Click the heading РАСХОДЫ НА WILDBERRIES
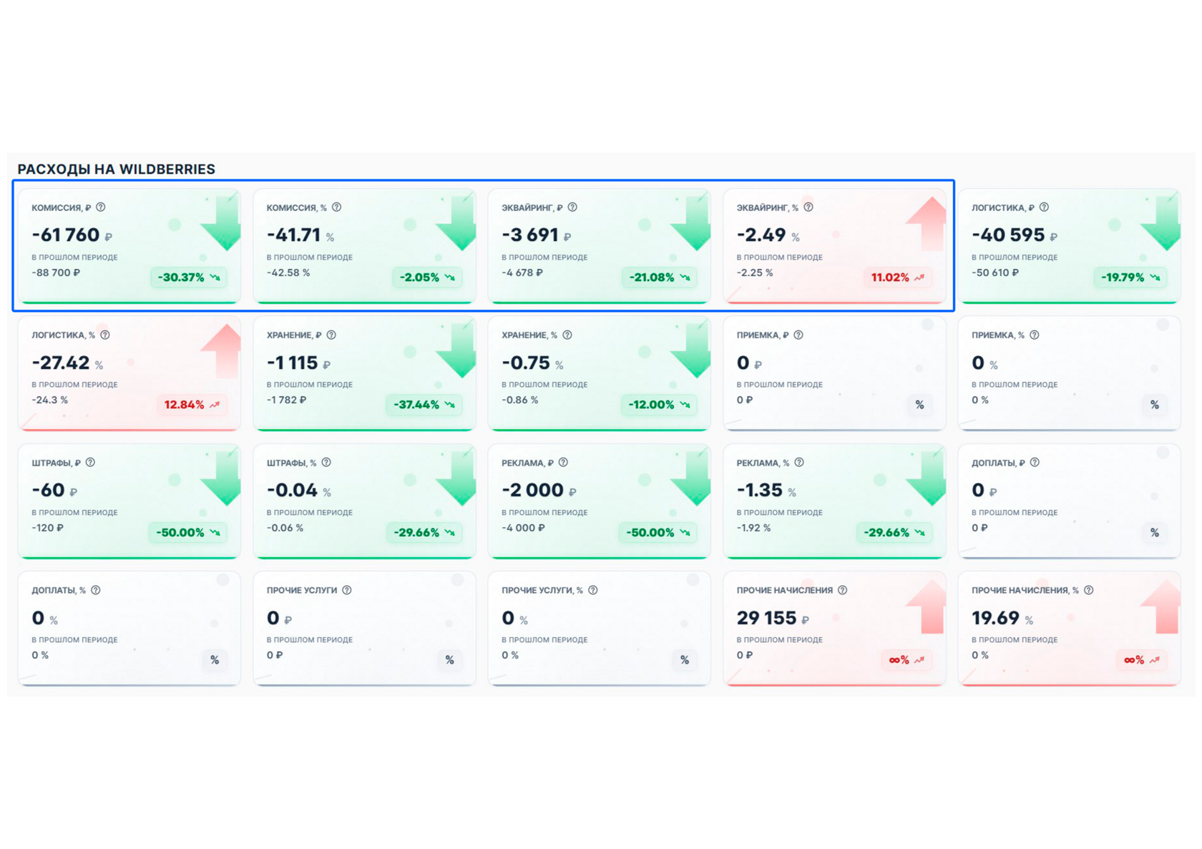tap(117, 170)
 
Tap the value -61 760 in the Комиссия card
tap(66, 235)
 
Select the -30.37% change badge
tap(189, 278)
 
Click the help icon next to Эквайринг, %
tap(808, 207)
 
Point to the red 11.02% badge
tap(898, 278)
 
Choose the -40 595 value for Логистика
tap(1008, 235)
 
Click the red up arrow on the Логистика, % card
tap(222, 350)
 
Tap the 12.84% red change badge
tap(192, 404)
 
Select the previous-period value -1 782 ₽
tap(286, 400)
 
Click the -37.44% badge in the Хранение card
tap(424, 404)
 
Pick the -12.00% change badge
tap(659, 404)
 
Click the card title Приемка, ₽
tap(763, 335)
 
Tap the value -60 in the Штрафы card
tap(49, 490)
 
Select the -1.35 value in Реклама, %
tap(760, 490)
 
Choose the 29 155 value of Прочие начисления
tap(766, 618)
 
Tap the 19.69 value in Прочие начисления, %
tap(995, 618)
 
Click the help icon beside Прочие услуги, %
tap(593, 590)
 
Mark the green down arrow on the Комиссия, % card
tap(457, 223)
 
